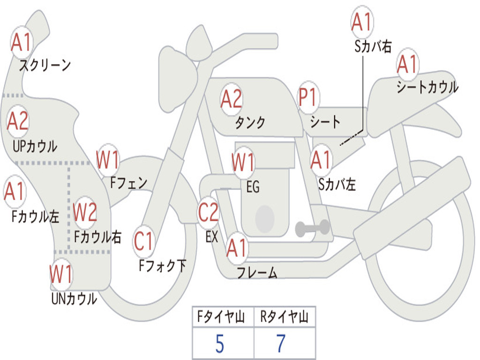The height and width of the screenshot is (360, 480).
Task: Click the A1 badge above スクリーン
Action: pyautogui.click(x=22, y=42)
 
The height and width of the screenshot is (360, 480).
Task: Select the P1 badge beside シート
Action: pyautogui.click(x=308, y=97)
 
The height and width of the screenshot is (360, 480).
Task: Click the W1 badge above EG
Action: pyautogui.click(x=243, y=161)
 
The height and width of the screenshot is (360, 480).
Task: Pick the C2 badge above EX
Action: pyautogui.click(x=209, y=212)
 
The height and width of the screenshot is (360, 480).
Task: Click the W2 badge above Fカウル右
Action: pyautogui.click(x=85, y=212)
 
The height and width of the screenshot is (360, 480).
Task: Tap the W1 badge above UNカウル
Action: pyautogui.click(x=61, y=274)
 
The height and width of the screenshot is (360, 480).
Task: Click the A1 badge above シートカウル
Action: pyautogui.click(x=408, y=64)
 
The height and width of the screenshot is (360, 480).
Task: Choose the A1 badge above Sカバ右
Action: pyautogui.click(x=362, y=22)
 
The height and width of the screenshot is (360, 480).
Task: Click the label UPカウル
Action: pyautogui.click(x=35, y=146)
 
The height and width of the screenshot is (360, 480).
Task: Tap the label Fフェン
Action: pyautogui.click(x=128, y=183)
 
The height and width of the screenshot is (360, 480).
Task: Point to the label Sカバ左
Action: pyautogui.click(x=337, y=184)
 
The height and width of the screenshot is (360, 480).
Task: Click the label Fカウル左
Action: pyautogui.click(x=35, y=216)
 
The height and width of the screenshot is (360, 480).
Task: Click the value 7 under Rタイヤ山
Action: pyautogui.click(x=281, y=344)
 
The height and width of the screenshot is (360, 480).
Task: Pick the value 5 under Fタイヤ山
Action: pyautogui.click(x=219, y=344)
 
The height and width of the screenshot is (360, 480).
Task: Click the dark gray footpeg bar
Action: pyautogui.click(x=312, y=228)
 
